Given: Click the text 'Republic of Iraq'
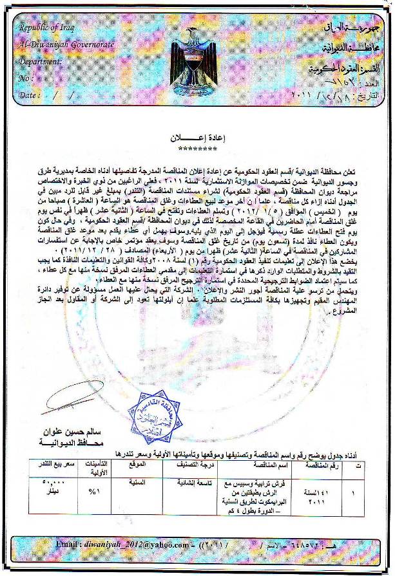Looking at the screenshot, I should (x=45, y=28).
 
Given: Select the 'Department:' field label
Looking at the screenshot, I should (x=40, y=62).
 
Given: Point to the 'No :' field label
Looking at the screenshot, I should (x=27, y=78).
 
